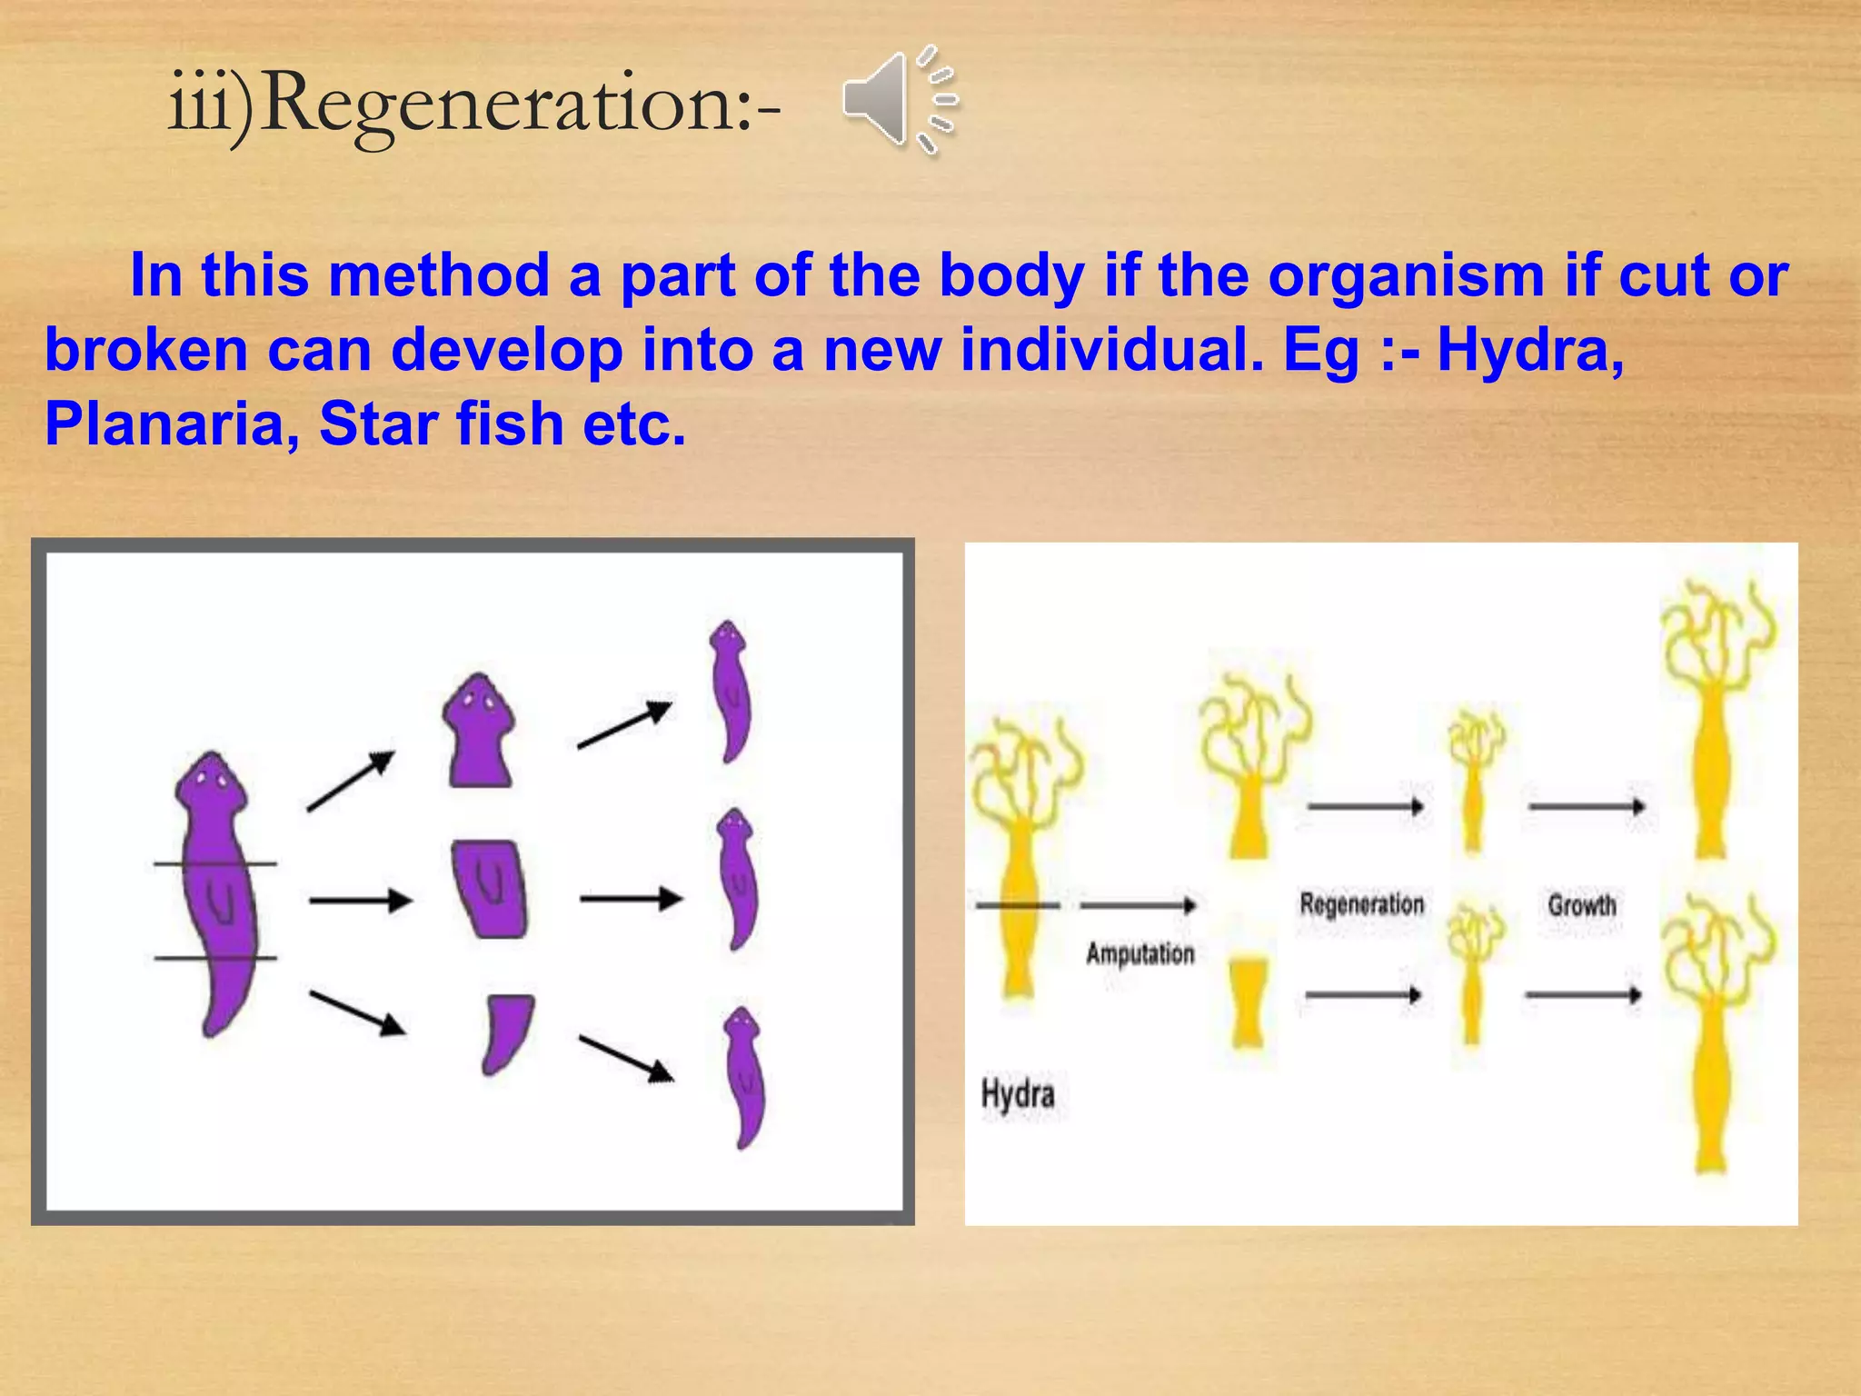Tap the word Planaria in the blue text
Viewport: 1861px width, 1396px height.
click(x=164, y=424)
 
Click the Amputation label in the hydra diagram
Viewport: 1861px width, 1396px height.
click(x=1139, y=954)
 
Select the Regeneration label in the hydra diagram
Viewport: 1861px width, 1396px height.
click(x=1361, y=904)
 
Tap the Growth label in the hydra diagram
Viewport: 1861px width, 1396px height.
click(x=1582, y=905)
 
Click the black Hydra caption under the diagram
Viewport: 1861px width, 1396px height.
click(x=1018, y=1093)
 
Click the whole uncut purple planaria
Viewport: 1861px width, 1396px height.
click(x=215, y=891)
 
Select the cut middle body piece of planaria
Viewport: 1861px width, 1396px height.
click(x=490, y=889)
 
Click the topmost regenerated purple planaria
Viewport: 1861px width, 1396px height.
click(x=731, y=691)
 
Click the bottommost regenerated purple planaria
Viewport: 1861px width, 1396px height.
click(x=745, y=1077)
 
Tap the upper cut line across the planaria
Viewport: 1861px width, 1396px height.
click(x=215, y=863)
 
